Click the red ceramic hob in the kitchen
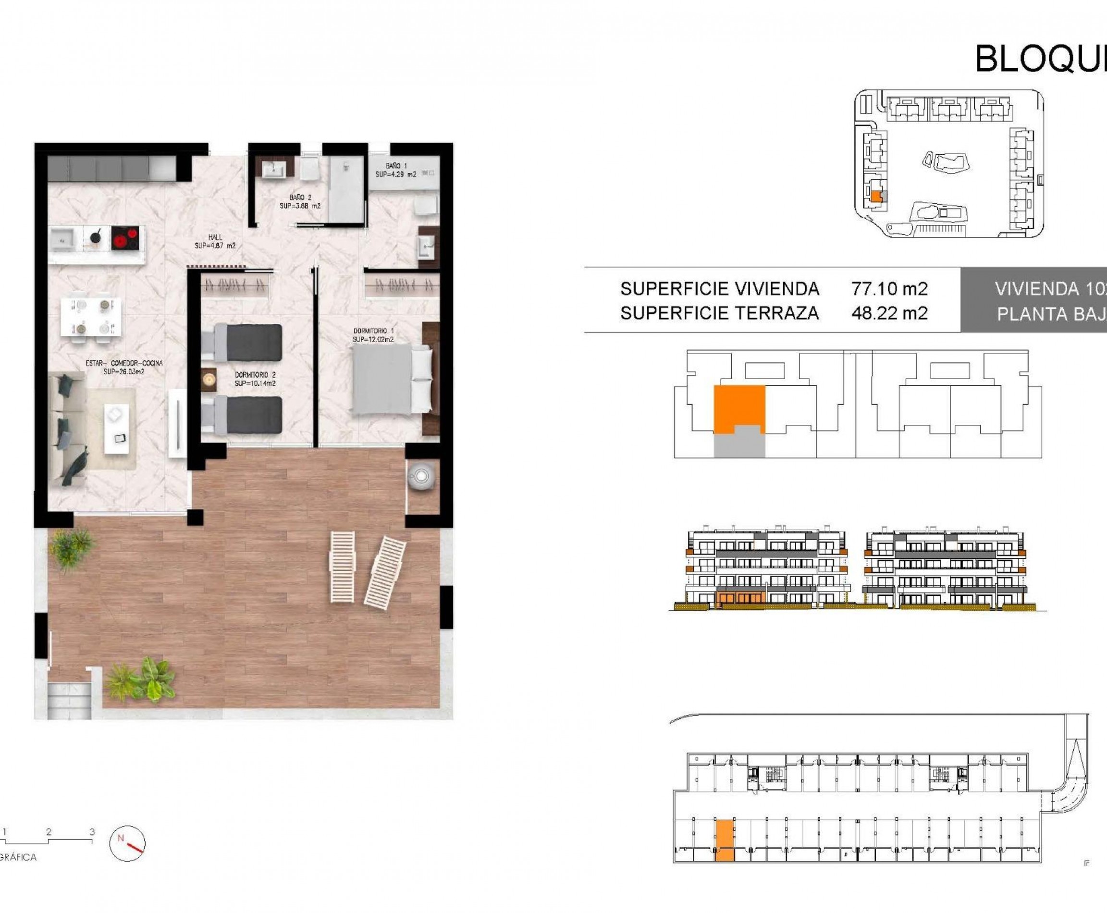pos(125,239)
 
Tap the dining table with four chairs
pos(90,316)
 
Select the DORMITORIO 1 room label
pos(373,335)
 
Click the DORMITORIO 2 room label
pos(255,379)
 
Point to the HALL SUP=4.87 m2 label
pos(215,241)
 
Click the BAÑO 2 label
pos(300,201)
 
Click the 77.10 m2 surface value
pos(889,289)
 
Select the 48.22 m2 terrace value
pos(889,313)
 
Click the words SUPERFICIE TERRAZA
pos(719,313)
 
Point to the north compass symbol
pos(127,843)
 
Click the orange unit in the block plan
pos(739,407)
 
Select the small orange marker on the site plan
pos(875,197)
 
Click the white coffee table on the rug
pos(116,428)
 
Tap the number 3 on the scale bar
pos(92,832)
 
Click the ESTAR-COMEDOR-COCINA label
pos(124,367)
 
